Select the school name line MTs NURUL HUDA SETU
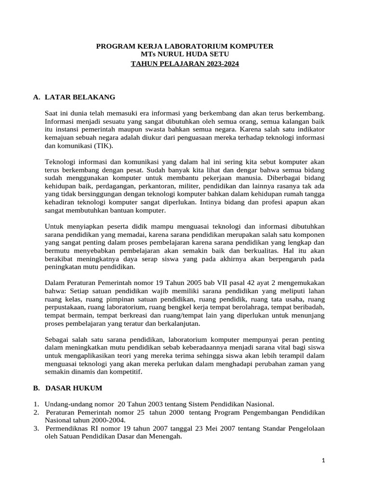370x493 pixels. [185, 54]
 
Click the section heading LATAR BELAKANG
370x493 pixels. [80, 97]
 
